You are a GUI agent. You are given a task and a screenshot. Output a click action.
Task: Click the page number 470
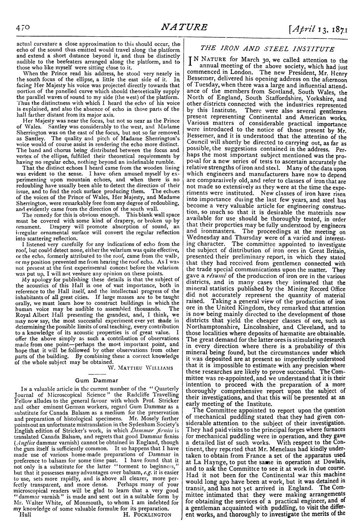pos(23,28)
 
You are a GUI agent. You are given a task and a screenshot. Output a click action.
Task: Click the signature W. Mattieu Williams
pos(144,367)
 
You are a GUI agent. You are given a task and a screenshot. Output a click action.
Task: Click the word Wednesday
pos(205,237)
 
